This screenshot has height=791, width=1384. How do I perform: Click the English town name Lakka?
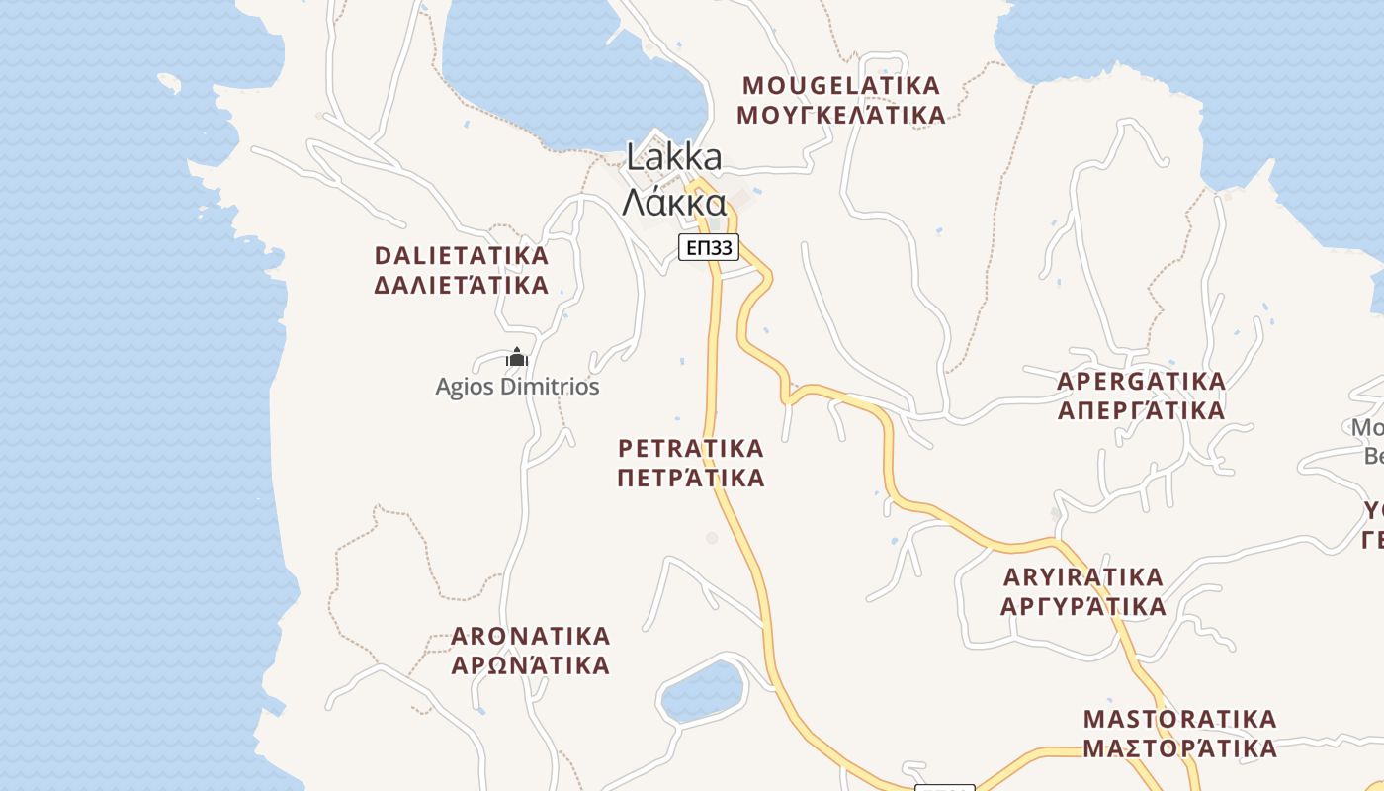point(674,157)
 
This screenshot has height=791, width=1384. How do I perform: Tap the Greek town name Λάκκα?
point(674,203)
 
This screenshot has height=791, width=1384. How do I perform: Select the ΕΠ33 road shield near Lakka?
point(709,247)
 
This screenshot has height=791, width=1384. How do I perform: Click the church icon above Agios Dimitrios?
point(517,357)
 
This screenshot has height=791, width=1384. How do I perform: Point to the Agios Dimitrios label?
point(517,387)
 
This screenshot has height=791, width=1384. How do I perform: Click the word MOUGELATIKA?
point(841,85)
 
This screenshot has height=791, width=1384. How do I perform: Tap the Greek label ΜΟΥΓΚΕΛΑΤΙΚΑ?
point(841,116)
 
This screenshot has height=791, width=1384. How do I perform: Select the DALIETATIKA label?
point(461,255)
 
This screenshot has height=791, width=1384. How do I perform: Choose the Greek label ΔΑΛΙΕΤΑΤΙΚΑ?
point(461,286)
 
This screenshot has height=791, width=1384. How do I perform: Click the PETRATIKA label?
point(691,448)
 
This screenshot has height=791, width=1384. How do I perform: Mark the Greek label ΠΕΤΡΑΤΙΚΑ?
point(691,479)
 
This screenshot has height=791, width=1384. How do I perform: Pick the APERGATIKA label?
point(1141,381)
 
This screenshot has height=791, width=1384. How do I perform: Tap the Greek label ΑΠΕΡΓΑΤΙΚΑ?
point(1141,410)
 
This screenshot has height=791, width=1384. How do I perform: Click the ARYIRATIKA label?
point(1083,576)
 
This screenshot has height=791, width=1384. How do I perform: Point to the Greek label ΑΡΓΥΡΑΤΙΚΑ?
point(1083,606)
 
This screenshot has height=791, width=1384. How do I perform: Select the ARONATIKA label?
point(531,635)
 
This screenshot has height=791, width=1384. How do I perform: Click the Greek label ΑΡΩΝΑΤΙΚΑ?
point(531,665)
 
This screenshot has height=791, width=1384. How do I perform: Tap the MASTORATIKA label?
point(1180,718)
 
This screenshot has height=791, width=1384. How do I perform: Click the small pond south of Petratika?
point(702,690)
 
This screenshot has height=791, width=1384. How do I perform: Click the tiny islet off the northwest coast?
point(169,83)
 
